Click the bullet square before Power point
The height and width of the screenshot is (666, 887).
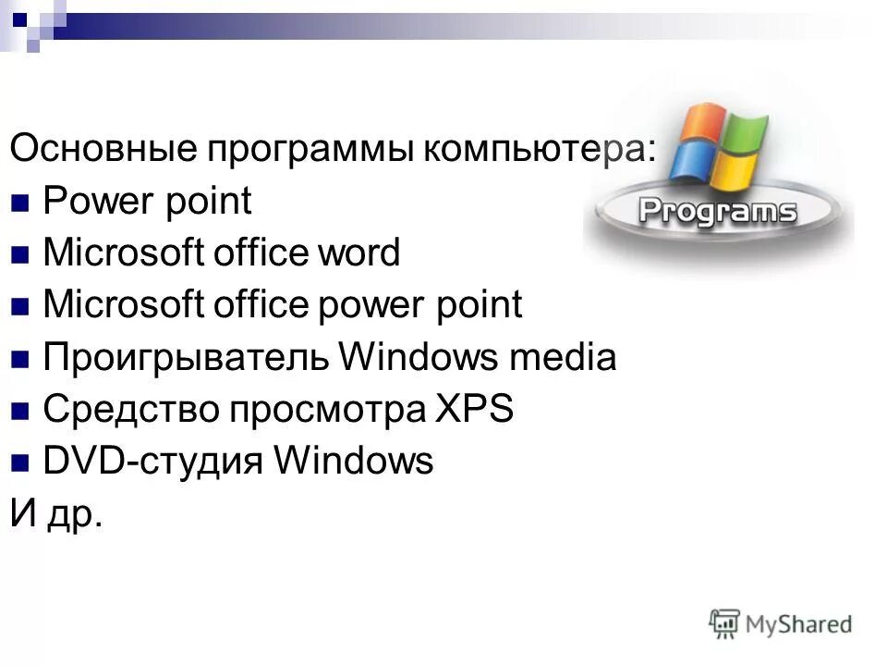click(23, 202)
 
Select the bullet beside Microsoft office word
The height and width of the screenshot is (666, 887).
click(23, 253)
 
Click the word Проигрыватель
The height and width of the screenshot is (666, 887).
click(185, 358)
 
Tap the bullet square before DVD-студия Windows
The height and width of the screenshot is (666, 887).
click(23, 462)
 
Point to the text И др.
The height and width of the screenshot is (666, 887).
click(55, 514)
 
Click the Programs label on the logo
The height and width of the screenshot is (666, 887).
click(716, 210)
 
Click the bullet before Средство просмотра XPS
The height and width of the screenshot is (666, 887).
click(23, 410)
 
